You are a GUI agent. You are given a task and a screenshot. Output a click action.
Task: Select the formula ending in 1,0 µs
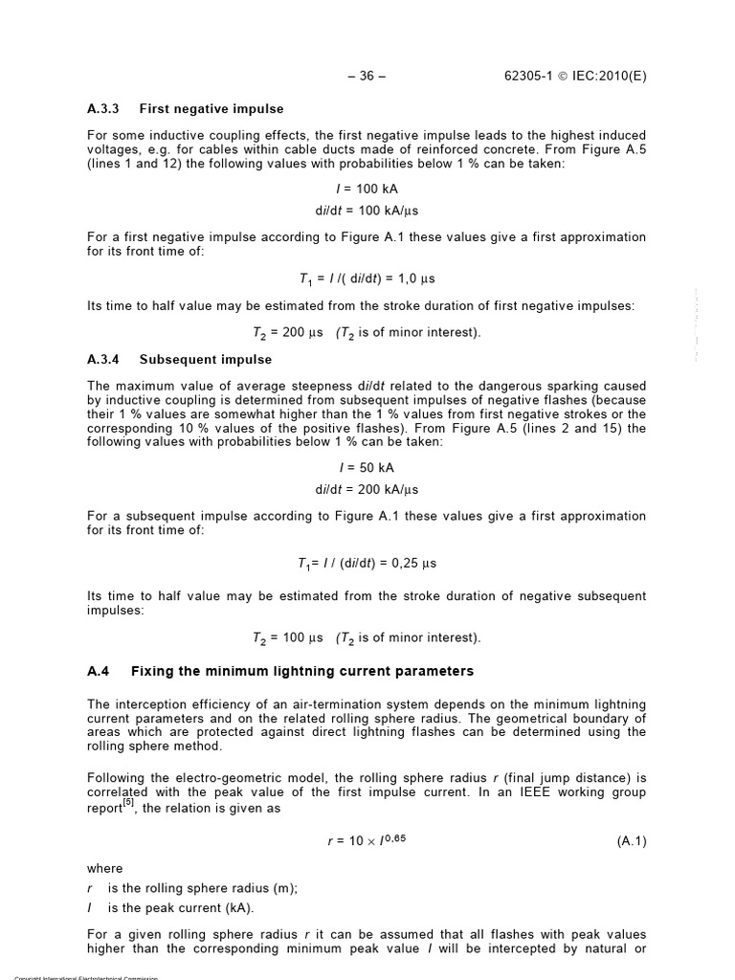click(367, 278)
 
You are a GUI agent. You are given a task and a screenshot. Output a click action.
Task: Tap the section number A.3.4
click(101, 360)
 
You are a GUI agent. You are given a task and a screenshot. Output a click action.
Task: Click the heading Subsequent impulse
click(206, 360)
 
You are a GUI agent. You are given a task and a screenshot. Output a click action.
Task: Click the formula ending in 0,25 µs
click(367, 563)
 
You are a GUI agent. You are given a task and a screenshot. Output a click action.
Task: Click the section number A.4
click(98, 671)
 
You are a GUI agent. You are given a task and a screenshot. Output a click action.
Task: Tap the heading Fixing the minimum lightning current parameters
click(301, 671)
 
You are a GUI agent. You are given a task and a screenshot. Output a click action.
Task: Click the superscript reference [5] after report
click(128, 803)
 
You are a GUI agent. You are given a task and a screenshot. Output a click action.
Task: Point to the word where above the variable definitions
click(104, 869)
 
